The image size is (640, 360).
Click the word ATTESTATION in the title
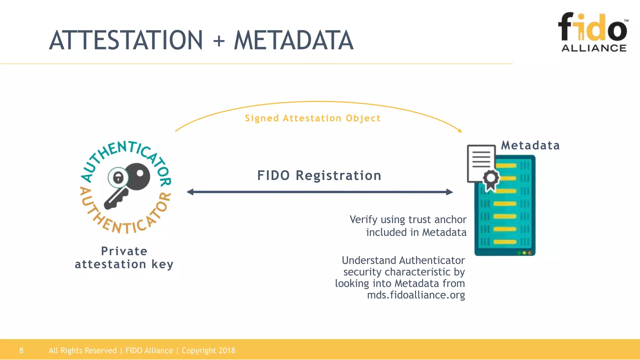pos(126,40)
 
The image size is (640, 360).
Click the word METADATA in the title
pos(294,40)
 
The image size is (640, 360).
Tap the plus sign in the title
pos(219,41)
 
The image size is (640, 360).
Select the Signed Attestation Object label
pos(312,118)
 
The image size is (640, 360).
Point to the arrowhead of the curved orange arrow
pos(460,130)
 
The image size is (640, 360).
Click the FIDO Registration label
pos(319,175)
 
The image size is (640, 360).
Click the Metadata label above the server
pos(530,145)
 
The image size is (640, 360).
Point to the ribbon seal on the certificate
pos(491,180)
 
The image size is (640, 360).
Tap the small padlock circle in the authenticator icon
pos(118,178)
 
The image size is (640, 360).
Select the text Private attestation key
pos(124,258)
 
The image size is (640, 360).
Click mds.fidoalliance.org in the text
pos(416,295)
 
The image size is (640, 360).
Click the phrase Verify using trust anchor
pos(408,219)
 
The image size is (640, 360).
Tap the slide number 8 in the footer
pos(21,350)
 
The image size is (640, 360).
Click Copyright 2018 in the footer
pos(208,350)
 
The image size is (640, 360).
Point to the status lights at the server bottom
pos(524,252)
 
